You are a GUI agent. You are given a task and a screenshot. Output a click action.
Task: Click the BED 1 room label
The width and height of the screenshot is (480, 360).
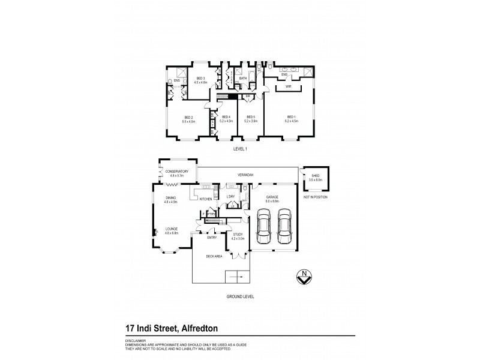pyautogui.click(x=292, y=117)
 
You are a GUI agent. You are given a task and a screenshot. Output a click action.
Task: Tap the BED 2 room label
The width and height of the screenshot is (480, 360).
pyautogui.click(x=188, y=117)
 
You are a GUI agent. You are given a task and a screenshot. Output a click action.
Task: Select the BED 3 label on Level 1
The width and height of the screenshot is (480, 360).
pyautogui.click(x=201, y=79)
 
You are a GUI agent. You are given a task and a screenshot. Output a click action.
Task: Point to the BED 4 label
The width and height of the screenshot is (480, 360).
pyautogui.click(x=226, y=117)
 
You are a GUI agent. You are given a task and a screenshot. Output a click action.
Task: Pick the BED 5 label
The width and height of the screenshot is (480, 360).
pyautogui.click(x=251, y=117)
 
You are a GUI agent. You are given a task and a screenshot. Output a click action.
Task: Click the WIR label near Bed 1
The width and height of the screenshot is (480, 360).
pyautogui.click(x=289, y=86)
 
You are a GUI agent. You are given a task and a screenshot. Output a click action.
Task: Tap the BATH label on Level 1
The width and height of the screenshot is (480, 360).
pyautogui.click(x=243, y=78)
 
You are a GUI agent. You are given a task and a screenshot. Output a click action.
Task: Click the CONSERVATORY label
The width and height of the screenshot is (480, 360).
pyautogui.click(x=179, y=172)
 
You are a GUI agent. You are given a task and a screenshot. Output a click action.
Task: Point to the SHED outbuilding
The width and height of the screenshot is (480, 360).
pyautogui.click(x=315, y=178)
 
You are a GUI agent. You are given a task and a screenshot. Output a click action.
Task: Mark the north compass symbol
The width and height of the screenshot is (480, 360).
pyautogui.click(x=305, y=277)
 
